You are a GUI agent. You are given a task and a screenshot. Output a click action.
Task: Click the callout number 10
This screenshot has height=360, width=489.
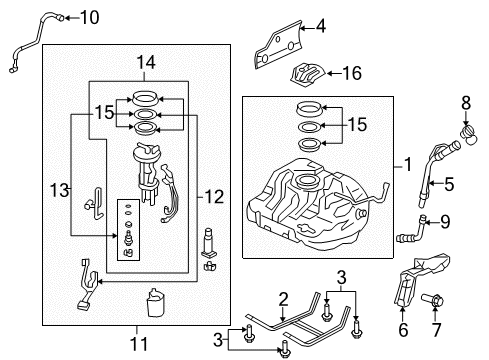pos(90,17)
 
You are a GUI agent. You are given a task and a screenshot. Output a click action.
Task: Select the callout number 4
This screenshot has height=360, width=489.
pos(321,26)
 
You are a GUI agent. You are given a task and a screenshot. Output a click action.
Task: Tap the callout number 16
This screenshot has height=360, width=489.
pos(352,73)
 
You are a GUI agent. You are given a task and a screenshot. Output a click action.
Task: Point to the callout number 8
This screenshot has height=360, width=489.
pos(466,103)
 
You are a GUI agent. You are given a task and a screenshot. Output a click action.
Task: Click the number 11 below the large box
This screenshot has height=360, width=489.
pos(139,344)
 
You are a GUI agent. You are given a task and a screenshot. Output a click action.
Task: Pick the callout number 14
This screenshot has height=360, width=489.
pos(146,62)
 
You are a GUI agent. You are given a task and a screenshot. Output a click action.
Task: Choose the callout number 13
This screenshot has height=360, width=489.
pos(59,190)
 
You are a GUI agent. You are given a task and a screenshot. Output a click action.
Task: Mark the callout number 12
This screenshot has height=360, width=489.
pos(214,197)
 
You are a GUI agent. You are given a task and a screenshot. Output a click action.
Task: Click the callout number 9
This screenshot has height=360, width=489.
pos(445,222)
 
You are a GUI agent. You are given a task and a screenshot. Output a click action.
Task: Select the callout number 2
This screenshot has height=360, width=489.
pos(283,299)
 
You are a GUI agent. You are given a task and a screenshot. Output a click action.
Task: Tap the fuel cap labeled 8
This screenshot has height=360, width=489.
pos(469,136)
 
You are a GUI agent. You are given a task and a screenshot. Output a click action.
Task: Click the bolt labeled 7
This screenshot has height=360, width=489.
pos(432,300)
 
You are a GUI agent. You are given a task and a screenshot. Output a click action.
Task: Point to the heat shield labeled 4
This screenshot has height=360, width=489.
pos(278,45)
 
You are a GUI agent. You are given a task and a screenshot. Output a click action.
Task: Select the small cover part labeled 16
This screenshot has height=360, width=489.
pos(307,74)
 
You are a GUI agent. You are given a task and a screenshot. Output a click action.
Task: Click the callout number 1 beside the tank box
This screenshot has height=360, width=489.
pos(408,165)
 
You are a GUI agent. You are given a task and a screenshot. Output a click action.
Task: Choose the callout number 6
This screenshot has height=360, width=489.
pos(403,330)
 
